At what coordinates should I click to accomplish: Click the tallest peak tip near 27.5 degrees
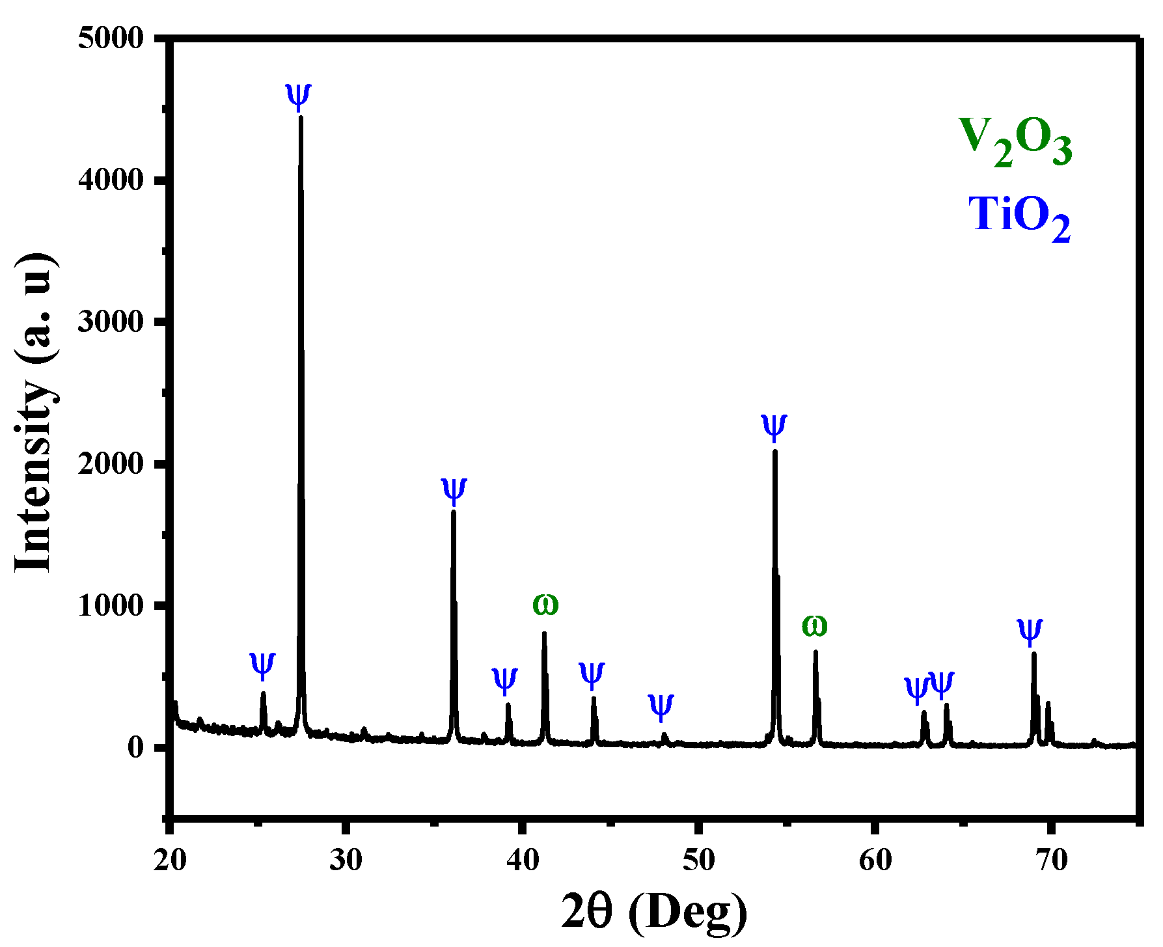tap(301, 118)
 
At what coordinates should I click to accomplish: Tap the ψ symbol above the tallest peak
tap(299, 96)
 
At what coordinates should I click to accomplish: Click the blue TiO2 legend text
tap(1019, 217)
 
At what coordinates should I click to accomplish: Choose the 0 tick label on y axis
tap(135, 747)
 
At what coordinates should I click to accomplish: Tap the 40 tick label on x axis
tap(523, 860)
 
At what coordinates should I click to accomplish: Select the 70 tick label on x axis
tap(1051, 860)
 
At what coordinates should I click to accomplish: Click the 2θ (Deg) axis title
tap(654, 912)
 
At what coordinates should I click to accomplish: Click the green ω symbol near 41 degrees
tap(545, 605)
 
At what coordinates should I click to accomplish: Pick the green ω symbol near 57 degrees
tap(814, 625)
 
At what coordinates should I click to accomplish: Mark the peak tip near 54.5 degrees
tap(775, 451)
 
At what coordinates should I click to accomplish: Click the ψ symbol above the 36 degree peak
tap(454, 490)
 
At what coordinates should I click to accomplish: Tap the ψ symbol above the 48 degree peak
tap(661, 706)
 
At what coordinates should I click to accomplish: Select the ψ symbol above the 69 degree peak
tap(1030, 631)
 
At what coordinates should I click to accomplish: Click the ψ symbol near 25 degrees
tap(262, 665)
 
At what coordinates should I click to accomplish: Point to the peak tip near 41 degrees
tap(544, 633)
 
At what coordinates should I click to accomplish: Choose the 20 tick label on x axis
tap(170, 860)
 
